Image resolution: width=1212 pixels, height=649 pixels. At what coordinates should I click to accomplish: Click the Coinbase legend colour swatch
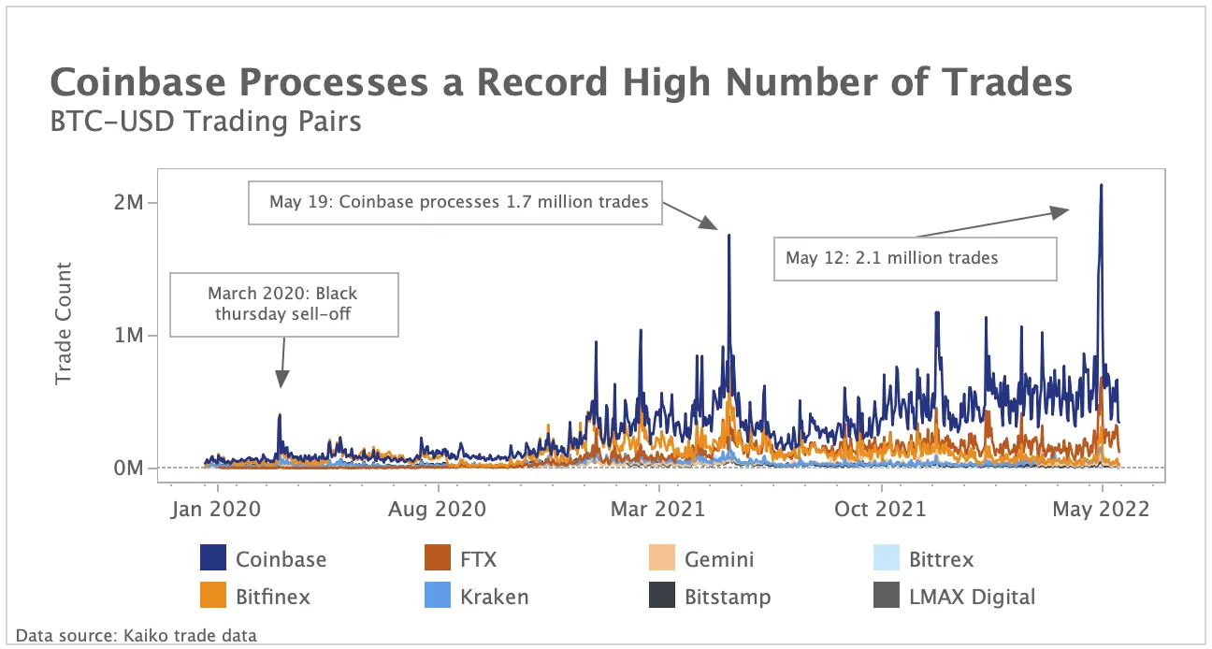point(213,559)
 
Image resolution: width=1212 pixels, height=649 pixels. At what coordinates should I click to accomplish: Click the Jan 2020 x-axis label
point(218,509)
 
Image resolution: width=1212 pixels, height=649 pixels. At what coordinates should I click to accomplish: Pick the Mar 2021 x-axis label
point(660,509)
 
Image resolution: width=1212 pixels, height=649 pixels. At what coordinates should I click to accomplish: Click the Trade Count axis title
point(64,324)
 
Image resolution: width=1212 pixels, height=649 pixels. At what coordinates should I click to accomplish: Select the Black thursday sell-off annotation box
point(282,304)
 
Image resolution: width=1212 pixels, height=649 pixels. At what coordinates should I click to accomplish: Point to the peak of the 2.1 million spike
point(1102,185)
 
